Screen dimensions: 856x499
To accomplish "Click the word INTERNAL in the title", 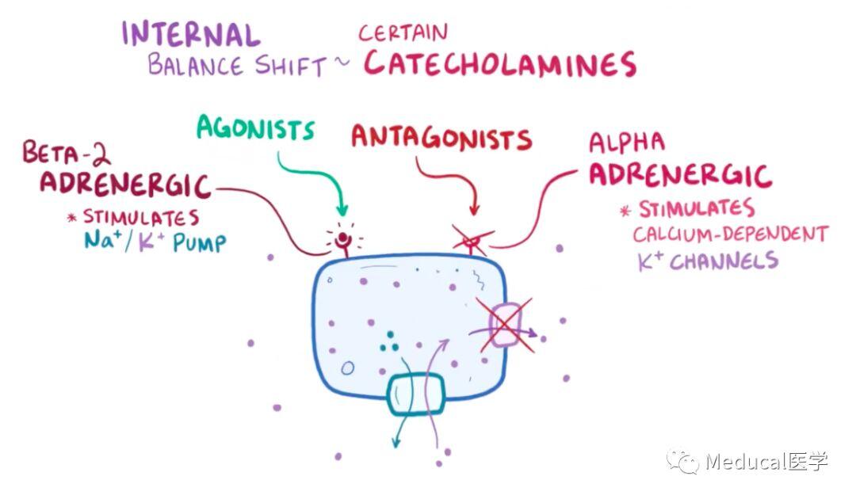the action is [x=190, y=34].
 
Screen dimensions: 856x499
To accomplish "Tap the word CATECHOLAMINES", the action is [x=500, y=64].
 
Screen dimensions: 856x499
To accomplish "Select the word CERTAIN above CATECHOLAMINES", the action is [x=403, y=32].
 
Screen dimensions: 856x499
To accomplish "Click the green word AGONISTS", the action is [x=255, y=128].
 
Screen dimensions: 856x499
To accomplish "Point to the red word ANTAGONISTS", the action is [x=441, y=137].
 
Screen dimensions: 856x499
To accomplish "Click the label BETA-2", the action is [x=66, y=153].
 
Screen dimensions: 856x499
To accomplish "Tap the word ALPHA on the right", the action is [x=627, y=143].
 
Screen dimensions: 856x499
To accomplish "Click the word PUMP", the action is [x=199, y=242].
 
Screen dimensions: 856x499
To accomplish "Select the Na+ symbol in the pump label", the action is [x=102, y=239].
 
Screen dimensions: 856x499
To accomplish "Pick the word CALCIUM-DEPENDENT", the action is [x=731, y=234].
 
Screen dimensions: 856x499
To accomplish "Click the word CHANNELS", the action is [x=724, y=261].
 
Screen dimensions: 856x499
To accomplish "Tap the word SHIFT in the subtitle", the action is [x=290, y=67].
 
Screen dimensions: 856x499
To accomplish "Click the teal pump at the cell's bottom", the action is [x=416, y=394].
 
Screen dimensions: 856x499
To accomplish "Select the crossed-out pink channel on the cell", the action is [x=506, y=325].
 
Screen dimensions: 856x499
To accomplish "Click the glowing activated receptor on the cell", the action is [x=343, y=240].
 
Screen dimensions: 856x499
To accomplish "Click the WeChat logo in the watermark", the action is [x=682, y=462].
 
